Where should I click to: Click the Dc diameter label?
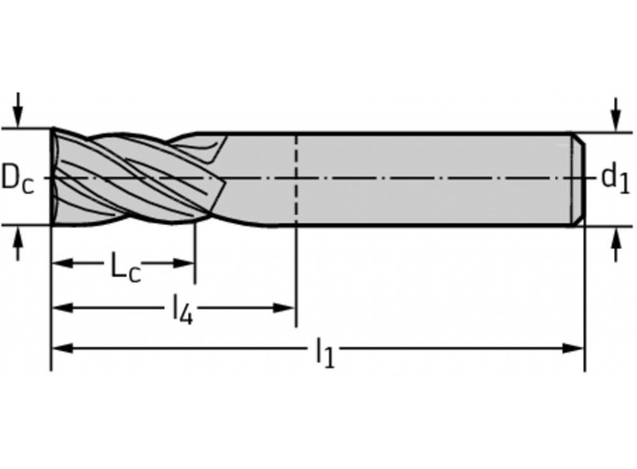[17, 179]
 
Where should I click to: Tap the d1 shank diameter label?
[615, 178]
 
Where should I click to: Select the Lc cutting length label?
[125, 267]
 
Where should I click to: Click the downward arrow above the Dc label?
[17, 110]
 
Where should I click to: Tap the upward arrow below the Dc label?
[17, 243]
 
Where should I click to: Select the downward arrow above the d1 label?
[617, 115]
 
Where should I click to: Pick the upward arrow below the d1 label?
[617, 244]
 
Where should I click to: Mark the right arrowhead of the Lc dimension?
[183, 263]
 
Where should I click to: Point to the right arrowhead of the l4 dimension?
[284, 308]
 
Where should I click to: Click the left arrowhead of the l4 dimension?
[63, 308]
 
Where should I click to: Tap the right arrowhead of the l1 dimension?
[573, 349]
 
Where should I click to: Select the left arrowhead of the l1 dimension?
[63, 349]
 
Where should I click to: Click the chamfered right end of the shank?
[578, 179]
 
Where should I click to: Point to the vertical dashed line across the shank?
[297, 179]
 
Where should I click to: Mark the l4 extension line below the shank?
[297, 276]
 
